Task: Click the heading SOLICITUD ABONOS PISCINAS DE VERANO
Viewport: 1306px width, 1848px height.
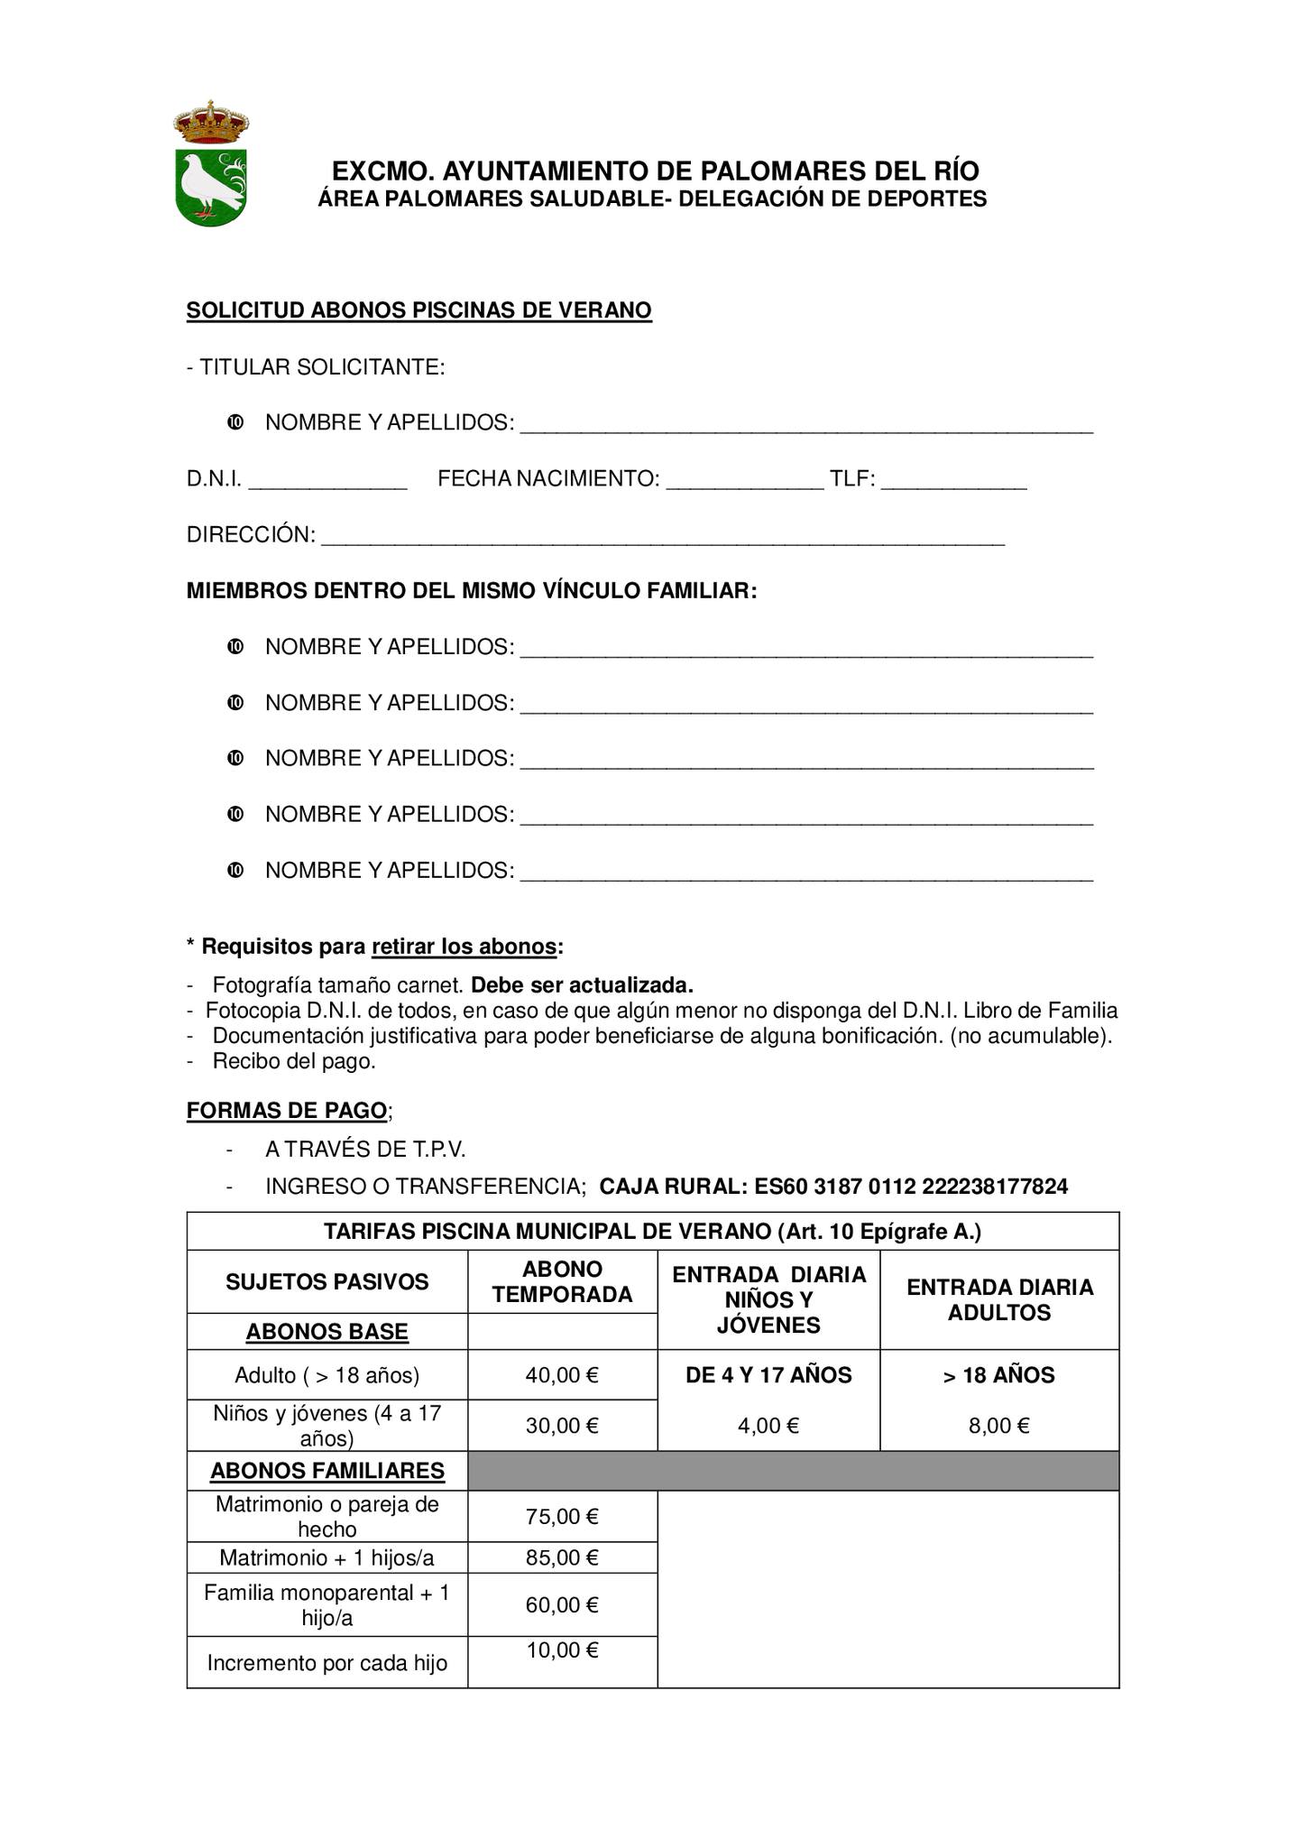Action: tap(418, 310)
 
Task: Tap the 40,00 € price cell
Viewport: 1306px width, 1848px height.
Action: tap(562, 1375)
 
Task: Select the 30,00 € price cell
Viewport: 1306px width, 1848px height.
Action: tap(562, 1426)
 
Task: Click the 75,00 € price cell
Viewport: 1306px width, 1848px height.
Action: tap(562, 1516)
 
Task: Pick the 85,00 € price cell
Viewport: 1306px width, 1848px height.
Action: tap(562, 1557)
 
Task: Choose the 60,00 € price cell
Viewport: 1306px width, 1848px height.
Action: tap(562, 1604)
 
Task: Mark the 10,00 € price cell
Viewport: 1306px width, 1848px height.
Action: tap(562, 1650)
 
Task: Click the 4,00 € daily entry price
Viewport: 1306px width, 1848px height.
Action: tap(768, 1426)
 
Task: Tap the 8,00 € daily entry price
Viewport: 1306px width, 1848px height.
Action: tap(999, 1426)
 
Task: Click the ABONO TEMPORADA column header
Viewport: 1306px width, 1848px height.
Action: tap(562, 1281)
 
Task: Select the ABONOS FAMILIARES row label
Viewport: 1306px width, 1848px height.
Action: tap(327, 1471)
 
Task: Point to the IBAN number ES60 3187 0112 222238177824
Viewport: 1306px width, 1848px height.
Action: tap(911, 1186)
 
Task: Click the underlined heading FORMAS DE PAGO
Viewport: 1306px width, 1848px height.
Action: tap(287, 1110)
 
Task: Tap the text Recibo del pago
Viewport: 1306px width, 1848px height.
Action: tap(294, 1061)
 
